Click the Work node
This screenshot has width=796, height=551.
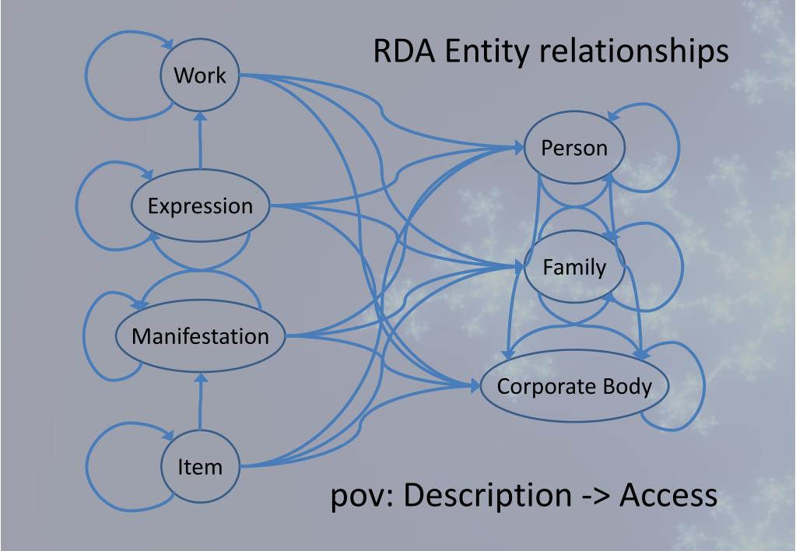pyautogui.click(x=200, y=75)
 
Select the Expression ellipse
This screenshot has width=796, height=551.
pyautogui.click(x=200, y=206)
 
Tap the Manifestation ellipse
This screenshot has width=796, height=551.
pyautogui.click(x=200, y=337)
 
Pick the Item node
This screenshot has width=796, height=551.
pyautogui.click(x=200, y=466)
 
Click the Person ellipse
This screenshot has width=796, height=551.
pyautogui.click(x=573, y=148)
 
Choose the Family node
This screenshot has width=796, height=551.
pyautogui.click(x=574, y=268)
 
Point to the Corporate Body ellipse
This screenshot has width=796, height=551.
pyautogui.click(x=574, y=387)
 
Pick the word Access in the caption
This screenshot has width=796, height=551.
pyautogui.click(x=668, y=496)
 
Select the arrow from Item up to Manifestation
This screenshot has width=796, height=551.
pyautogui.click(x=201, y=405)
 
